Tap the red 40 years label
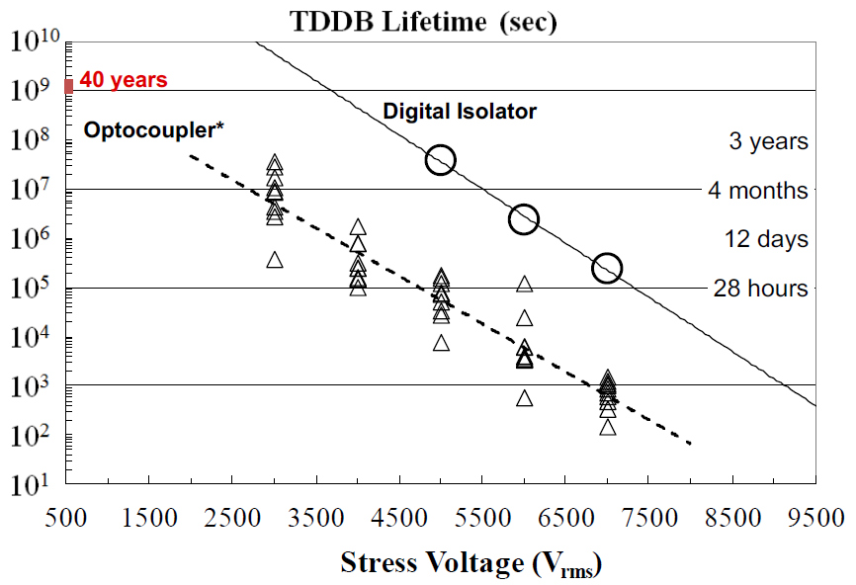124,80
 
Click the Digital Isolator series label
460,112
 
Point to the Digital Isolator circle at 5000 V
440,160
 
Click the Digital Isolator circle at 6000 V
524,219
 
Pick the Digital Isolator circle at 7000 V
607,268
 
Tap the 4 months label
758,190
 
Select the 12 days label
765,239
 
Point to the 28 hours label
760,289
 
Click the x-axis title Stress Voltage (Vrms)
471,564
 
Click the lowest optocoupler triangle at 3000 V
275,260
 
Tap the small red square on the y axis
68,86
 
